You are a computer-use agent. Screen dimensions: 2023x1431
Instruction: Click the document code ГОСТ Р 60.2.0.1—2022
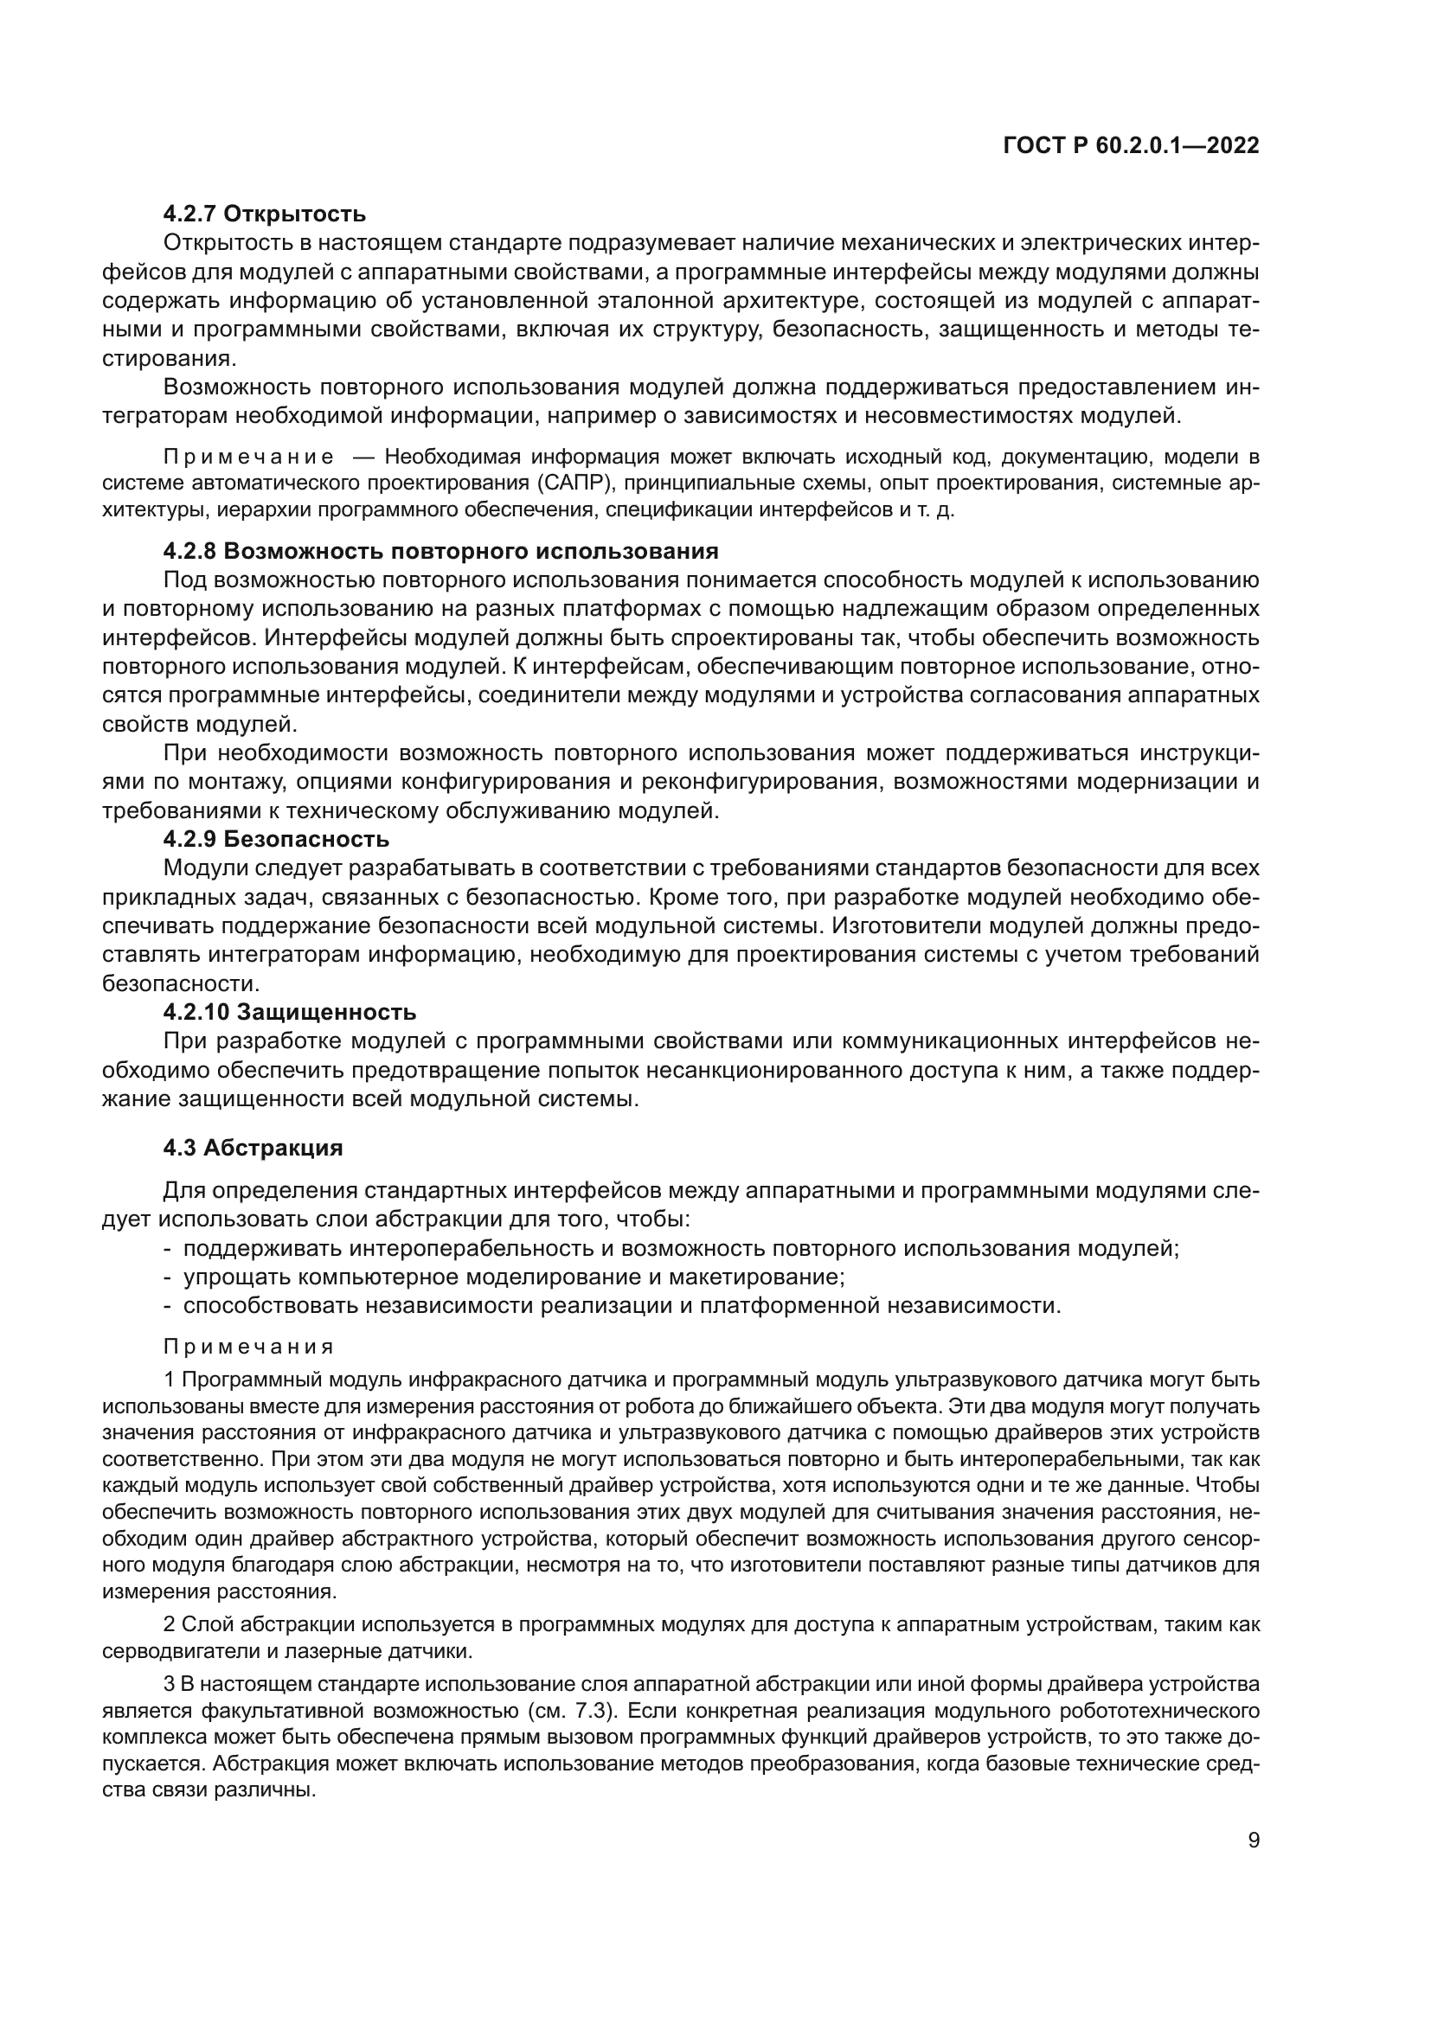click(1131, 145)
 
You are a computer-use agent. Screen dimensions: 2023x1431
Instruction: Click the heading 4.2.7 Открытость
click(265, 214)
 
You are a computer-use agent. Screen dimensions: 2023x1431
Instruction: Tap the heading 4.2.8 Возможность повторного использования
click(440, 551)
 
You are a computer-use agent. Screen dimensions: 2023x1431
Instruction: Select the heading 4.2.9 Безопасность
click(276, 839)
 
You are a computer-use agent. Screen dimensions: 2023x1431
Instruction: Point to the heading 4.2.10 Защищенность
click(290, 1012)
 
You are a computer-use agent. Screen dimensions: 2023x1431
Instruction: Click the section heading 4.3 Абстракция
click(253, 1147)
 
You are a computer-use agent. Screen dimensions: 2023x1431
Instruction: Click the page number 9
click(1254, 1840)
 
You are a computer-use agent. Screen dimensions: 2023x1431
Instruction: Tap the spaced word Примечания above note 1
click(249, 1347)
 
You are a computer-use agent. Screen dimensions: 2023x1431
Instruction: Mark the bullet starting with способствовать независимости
click(621, 1305)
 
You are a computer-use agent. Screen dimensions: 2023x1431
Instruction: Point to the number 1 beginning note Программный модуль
click(170, 1379)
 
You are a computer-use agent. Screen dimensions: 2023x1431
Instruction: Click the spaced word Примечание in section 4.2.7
click(249, 457)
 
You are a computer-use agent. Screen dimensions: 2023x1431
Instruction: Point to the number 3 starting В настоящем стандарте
click(170, 1685)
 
